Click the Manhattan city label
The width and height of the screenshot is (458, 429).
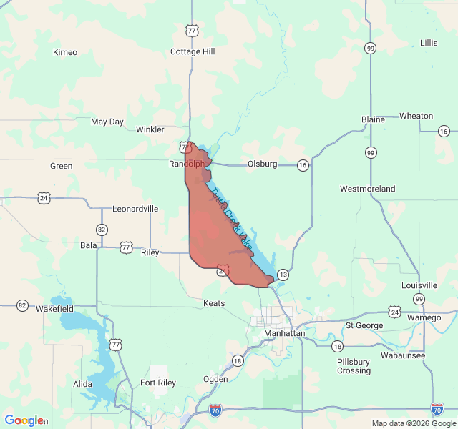[285, 334]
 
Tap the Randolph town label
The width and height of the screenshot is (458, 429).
[187, 164]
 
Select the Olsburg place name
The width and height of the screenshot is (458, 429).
[262, 164]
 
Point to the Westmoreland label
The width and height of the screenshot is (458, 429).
[367, 189]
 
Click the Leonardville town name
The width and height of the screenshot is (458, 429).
[135, 209]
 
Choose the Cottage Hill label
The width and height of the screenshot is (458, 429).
[193, 51]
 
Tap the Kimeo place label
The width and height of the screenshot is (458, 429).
[65, 52]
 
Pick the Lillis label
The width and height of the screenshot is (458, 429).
[429, 43]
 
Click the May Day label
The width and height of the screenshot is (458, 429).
[107, 122]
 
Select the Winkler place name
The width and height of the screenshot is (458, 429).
[150, 129]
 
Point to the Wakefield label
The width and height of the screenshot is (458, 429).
[54, 309]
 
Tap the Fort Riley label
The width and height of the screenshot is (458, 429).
[157, 383]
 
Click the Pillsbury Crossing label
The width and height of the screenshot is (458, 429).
[354, 366]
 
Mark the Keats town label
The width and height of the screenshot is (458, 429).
[214, 303]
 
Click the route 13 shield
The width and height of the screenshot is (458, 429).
[283, 275]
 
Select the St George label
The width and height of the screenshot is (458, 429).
[360, 325]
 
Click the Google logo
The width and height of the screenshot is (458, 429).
[24, 420]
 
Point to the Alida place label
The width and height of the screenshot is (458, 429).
[82, 384]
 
